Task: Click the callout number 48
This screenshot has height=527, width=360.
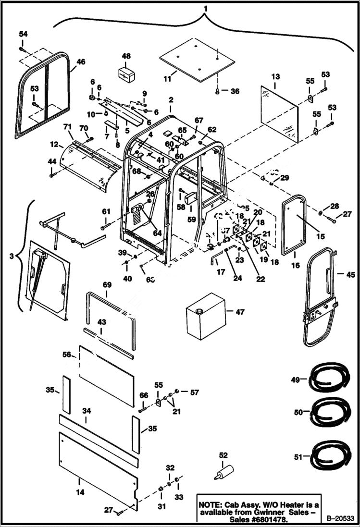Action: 126,56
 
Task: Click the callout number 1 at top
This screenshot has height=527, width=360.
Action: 205,9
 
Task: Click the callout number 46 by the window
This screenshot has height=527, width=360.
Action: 80,61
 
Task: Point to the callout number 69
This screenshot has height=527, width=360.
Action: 106,285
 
